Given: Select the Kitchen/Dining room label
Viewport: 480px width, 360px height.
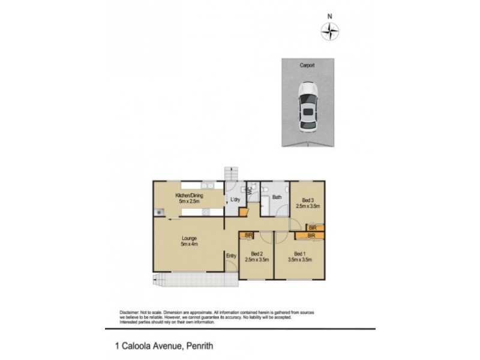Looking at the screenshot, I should (x=188, y=196).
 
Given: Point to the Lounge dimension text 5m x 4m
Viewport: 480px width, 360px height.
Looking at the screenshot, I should (x=188, y=244).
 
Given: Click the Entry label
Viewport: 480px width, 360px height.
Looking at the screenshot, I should (x=231, y=256).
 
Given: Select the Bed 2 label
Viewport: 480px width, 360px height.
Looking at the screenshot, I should (x=257, y=253).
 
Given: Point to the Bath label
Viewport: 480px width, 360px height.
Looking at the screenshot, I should (x=277, y=197).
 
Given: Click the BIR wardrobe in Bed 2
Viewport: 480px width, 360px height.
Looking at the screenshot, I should (x=248, y=236).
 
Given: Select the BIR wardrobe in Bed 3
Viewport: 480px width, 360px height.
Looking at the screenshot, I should (x=313, y=227).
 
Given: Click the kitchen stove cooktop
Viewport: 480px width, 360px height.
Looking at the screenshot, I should (x=160, y=211).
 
